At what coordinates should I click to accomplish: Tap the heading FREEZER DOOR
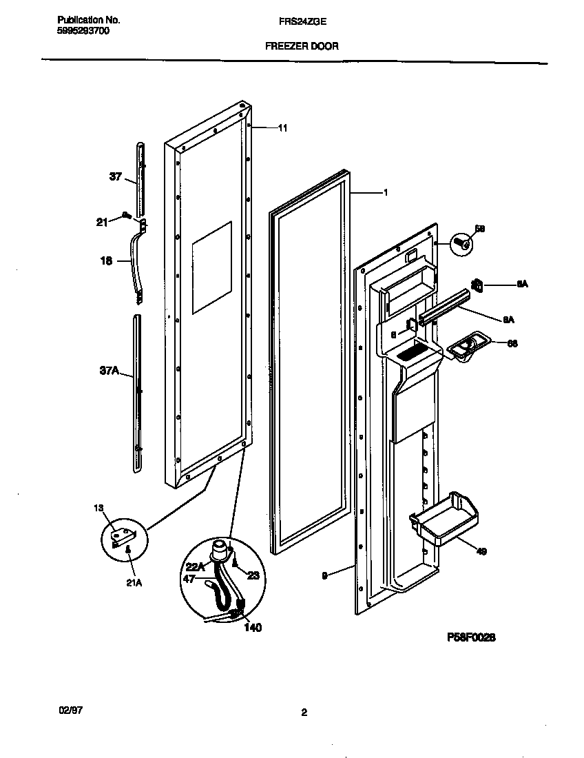coord(302,47)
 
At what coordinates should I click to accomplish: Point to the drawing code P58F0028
coord(471,638)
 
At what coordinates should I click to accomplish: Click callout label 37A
coord(109,371)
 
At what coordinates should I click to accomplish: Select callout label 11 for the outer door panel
coord(282,127)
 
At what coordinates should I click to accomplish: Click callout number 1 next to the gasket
coord(386,193)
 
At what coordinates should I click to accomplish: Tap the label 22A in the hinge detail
coord(196,566)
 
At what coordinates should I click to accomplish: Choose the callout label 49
coord(481,551)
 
